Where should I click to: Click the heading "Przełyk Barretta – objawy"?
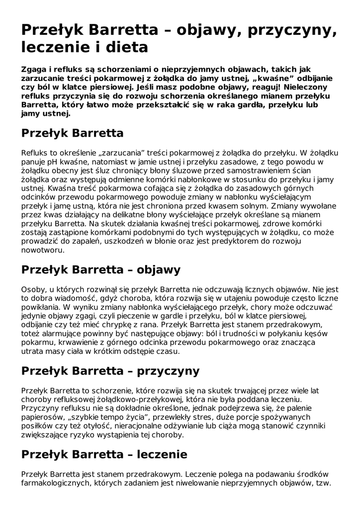(100, 270)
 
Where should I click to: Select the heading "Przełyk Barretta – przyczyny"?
(110, 371)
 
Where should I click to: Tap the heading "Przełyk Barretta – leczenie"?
(104, 454)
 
